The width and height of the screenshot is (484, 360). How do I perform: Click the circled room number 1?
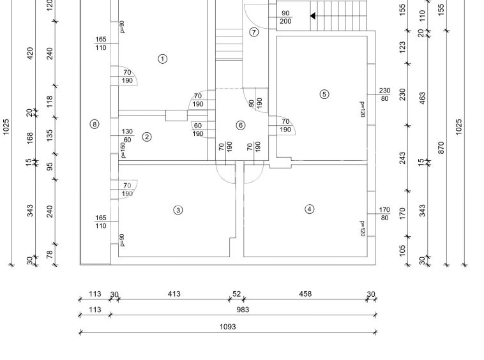click(162, 59)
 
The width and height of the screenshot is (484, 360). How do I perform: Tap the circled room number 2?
click(147, 137)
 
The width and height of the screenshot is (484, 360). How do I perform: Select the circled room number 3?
click(178, 210)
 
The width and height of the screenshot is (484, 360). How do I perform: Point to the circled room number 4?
click(310, 209)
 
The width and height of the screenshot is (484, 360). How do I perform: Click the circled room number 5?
click(324, 94)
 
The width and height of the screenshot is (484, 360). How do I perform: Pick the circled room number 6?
click(241, 125)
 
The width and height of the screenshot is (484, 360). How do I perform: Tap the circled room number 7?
click(254, 32)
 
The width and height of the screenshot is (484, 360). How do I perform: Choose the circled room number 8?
click(95, 124)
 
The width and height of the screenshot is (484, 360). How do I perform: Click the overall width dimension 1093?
click(227, 327)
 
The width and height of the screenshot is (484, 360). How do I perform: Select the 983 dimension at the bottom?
click(242, 310)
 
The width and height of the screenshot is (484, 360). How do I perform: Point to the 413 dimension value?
click(174, 294)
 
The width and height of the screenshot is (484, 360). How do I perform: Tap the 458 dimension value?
click(305, 294)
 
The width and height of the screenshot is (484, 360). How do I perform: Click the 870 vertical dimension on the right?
click(441, 147)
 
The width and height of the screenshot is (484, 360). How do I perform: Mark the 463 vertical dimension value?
click(422, 100)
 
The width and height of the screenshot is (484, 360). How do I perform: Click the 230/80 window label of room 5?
click(384, 94)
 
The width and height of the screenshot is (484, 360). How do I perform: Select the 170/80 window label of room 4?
click(384, 214)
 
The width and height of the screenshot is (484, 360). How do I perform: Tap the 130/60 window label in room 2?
click(127, 136)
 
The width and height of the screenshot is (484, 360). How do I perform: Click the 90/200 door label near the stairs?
click(285, 17)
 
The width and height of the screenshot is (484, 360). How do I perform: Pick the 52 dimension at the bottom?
click(236, 294)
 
